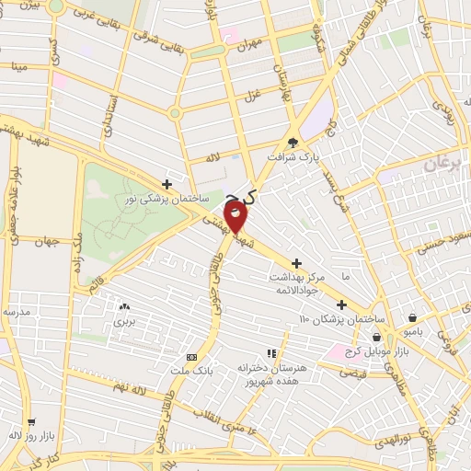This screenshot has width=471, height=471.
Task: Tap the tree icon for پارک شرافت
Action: pos(293,143)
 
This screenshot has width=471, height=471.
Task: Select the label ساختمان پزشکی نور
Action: pos(167,198)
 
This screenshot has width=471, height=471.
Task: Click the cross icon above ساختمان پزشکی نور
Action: pos(167,183)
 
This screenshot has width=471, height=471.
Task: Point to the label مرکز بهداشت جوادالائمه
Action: pos(298,283)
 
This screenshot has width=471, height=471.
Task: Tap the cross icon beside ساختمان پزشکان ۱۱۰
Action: pos(341,304)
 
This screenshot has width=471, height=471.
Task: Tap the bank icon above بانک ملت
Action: pos(191,357)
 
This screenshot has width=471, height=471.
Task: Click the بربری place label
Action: pos(124,322)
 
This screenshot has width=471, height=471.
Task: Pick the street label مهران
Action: pos(249,43)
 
